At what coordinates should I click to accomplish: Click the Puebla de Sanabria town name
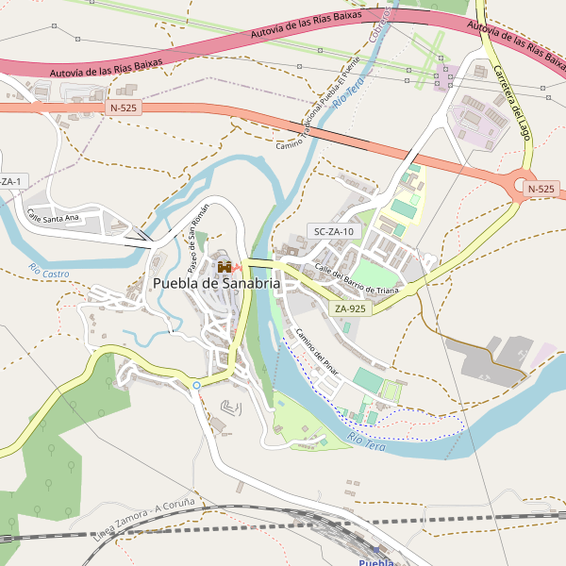216,283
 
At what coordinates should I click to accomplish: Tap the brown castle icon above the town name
225,268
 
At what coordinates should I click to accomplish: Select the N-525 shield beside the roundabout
541,189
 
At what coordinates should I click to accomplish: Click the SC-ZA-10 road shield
333,231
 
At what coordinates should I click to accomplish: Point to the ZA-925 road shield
349,308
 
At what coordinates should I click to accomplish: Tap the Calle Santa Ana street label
53,218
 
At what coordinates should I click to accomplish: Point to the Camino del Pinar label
316,351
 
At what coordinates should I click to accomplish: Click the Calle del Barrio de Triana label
357,278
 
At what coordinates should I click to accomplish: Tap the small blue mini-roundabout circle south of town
196,385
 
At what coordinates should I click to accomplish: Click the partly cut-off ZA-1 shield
11,181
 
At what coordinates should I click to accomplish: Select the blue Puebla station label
375,562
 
